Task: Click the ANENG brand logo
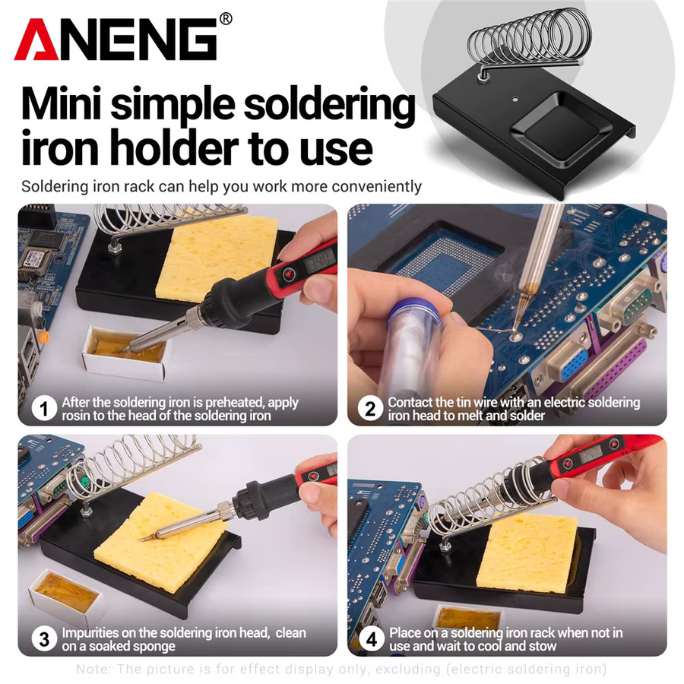(116, 40)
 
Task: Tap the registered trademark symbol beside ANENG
(226, 19)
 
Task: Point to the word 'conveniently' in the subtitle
(376, 187)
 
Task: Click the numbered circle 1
(44, 409)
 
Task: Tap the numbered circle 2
(370, 409)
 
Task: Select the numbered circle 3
(44, 639)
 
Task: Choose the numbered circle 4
(371, 639)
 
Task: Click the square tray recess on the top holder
(562, 131)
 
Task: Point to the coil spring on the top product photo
(528, 40)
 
